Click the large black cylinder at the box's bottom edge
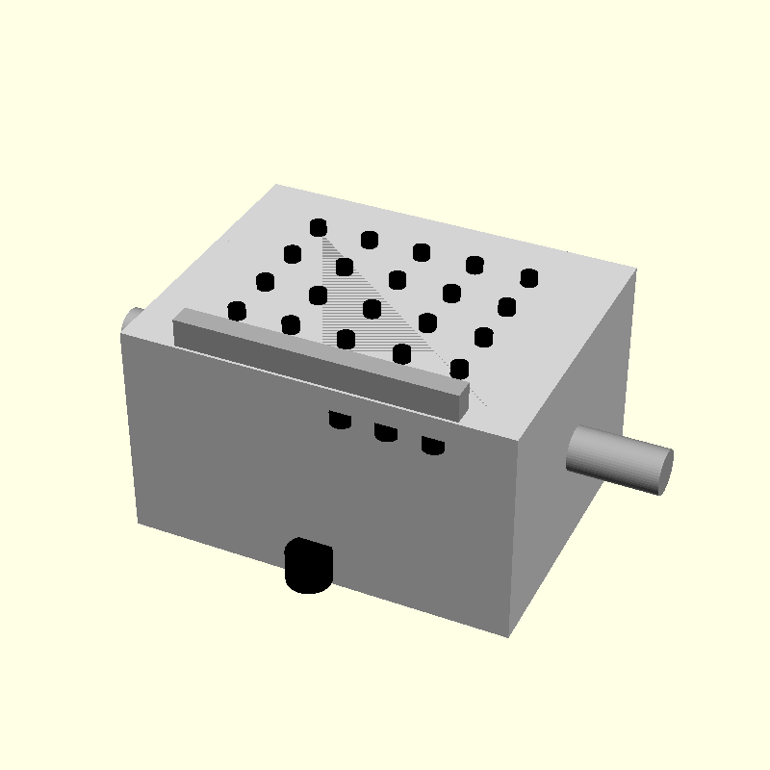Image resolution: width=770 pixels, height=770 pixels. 309,565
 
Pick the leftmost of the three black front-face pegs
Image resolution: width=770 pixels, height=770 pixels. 339,420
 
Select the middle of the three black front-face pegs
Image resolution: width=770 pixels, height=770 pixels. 386,432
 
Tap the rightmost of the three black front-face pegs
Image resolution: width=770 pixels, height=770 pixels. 433,446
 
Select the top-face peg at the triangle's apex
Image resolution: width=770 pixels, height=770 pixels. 319,227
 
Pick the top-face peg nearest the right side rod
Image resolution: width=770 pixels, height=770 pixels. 528,277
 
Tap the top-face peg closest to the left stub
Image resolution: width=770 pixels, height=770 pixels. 236,310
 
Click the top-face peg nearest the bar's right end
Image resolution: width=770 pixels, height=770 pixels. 459,368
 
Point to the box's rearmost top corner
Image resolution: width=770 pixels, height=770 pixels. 277,184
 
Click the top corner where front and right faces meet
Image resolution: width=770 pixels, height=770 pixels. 521,440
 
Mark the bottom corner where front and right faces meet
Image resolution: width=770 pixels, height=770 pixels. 508,636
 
